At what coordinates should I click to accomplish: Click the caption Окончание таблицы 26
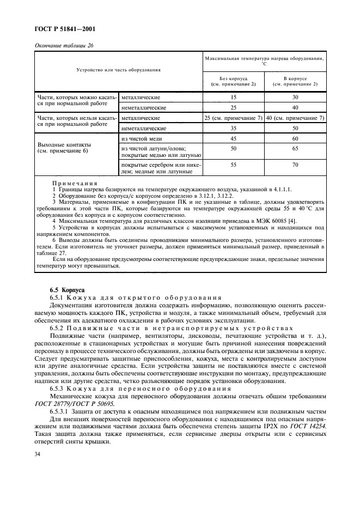coord(64,45)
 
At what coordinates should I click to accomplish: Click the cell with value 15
coord(234,97)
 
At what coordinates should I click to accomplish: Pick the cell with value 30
coord(295,97)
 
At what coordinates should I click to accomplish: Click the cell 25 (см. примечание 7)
coord(234,118)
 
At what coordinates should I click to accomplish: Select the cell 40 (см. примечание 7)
coord(295,118)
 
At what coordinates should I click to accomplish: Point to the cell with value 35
coord(234,128)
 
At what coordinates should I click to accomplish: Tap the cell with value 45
coord(234,138)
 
